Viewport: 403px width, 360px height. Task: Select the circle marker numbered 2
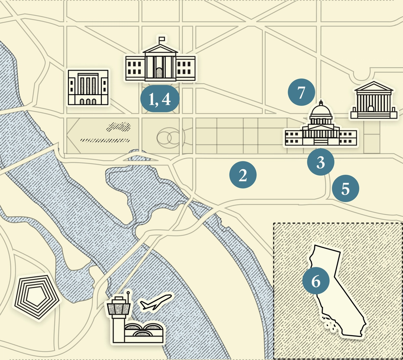243,175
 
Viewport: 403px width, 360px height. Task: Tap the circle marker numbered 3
320,163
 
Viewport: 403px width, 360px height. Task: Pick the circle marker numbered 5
345,189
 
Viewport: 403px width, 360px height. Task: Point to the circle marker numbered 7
301,93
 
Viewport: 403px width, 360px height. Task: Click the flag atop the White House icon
162,39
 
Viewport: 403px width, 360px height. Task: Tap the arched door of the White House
159,73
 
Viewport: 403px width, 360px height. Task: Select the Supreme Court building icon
374,101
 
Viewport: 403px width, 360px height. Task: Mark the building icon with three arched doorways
88,87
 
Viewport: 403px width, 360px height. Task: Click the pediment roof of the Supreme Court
374,86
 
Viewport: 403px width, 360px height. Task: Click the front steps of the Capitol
321,142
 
